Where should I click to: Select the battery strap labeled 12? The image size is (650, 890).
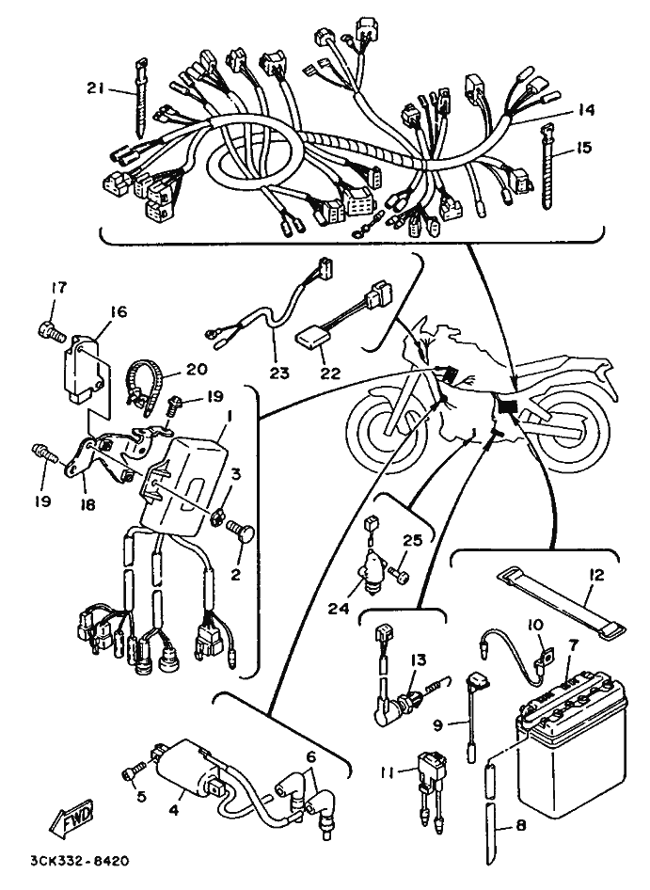pyautogui.click(x=561, y=602)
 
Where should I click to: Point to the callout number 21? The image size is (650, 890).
pyautogui.click(x=95, y=88)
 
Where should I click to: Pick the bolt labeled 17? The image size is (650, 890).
pyautogui.click(x=52, y=330)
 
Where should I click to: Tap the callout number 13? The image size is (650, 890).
pyautogui.click(x=419, y=660)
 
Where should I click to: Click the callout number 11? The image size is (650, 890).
pyautogui.click(x=388, y=773)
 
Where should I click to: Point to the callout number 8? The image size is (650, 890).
pyautogui.click(x=521, y=826)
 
